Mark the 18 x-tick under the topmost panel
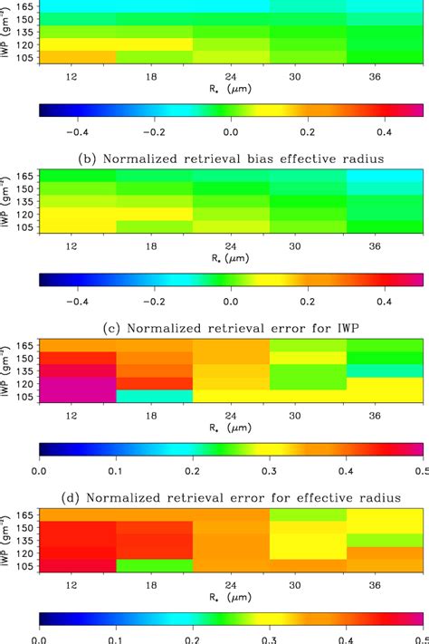tap(155, 78)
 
